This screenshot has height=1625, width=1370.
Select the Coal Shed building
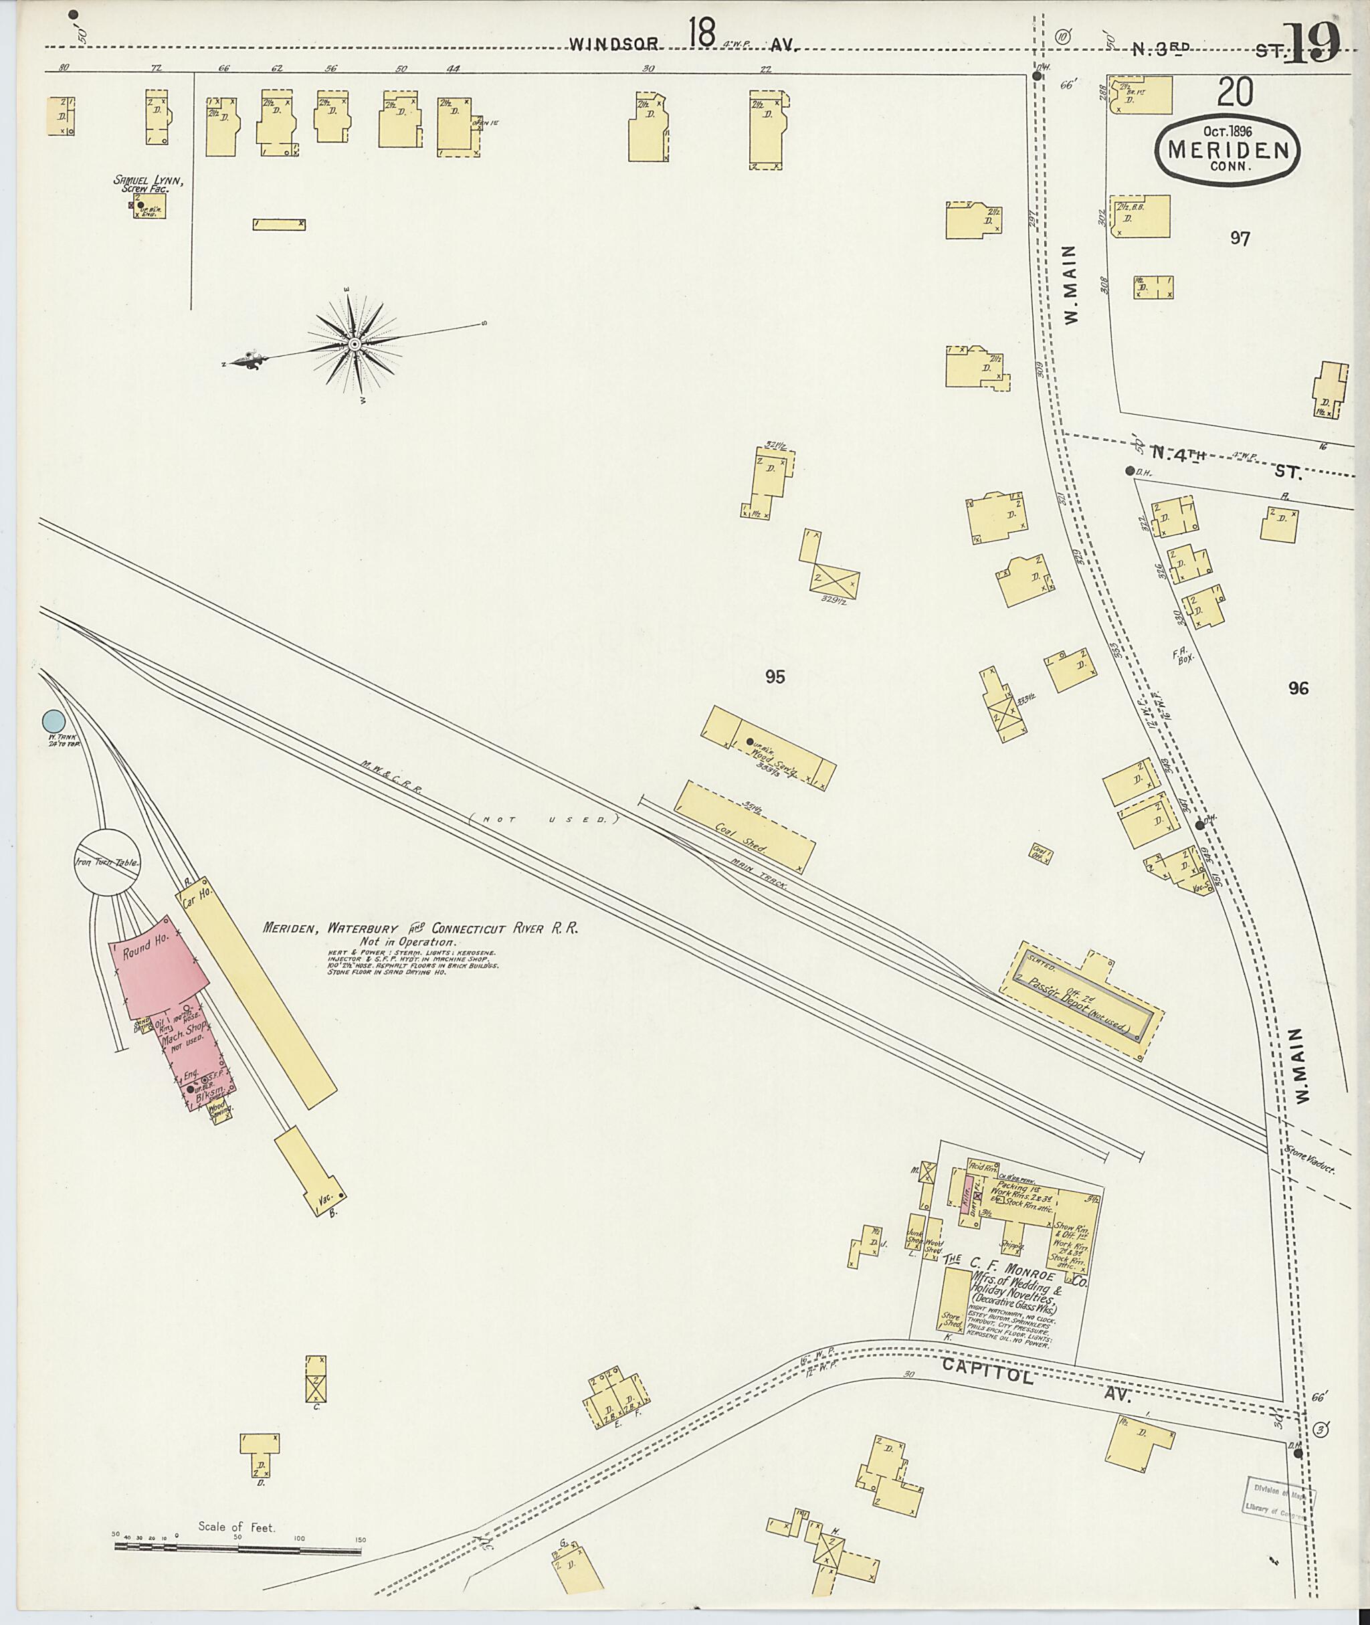pos(744,828)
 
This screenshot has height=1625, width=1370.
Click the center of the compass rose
pos(354,344)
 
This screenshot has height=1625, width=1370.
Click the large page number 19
pos(1312,43)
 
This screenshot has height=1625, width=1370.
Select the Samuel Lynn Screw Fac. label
pos(148,183)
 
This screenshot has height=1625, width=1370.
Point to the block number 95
pos(775,677)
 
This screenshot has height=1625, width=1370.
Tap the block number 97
pos(1240,238)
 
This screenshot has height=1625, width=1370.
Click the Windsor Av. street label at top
pos(684,45)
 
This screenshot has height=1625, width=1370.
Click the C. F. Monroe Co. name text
pos(1009,1273)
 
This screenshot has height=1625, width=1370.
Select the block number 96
pos(1298,688)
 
